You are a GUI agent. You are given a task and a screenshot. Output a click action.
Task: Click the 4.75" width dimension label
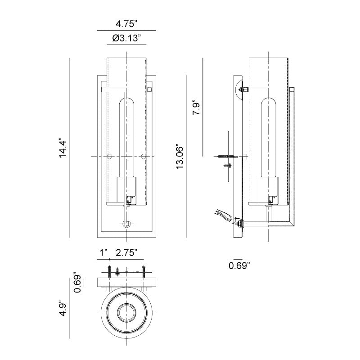(x=126, y=24)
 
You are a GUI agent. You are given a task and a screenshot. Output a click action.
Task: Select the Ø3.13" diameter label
(x=126, y=38)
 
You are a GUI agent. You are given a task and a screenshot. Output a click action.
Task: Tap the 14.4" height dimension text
(x=63, y=148)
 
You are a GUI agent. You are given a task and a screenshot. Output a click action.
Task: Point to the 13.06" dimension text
(x=180, y=157)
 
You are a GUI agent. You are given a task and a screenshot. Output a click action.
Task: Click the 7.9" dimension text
(x=197, y=108)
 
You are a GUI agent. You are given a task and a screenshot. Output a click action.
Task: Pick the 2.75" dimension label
(x=126, y=253)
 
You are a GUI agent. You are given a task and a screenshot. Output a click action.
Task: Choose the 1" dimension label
(x=103, y=253)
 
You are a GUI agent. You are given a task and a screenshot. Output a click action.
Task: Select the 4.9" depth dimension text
(x=63, y=308)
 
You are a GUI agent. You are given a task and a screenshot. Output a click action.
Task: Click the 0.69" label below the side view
(x=239, y=266)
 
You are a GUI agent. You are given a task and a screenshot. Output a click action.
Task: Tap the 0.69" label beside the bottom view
(x=77, y=283)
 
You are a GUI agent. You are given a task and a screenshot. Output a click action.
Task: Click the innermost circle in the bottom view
(x=126, y=312)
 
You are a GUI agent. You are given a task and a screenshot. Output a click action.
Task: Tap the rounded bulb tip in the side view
(x=268, y=102)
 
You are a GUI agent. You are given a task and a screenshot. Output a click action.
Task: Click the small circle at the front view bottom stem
(x=126, y=224)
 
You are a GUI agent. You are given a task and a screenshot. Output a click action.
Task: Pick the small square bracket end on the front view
(x=149, y=90)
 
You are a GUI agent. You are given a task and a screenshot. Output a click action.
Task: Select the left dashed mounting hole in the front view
(x=110, y=157)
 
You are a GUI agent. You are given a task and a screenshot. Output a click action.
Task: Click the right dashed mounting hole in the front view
(x=144, y=157)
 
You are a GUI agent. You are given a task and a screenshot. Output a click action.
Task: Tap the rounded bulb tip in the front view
(x=126, y=102)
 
